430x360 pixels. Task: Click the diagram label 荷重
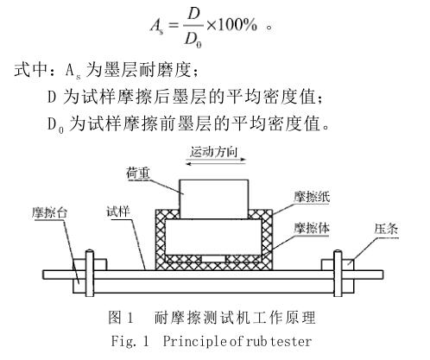pos(138,174)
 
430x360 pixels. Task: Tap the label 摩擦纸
pos(312,197)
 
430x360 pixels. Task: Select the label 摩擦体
pos(312,228)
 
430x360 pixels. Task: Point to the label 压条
pos(386,230)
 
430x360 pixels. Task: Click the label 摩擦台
pos(49,213)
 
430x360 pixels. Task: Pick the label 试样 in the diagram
pos(118,212)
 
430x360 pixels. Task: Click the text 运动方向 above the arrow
pos(213,152)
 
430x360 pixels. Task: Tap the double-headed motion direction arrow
pos(216,161)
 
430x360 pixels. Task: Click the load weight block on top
pos(214,199)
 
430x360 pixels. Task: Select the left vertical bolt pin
pos(89,273)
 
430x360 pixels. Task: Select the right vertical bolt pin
pos(338,273)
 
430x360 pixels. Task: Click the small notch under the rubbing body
pos(213,259)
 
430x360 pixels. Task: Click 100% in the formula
pos(237,25)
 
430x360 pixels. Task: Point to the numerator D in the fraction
pos(193,13)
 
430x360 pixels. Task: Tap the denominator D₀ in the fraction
pos(193,40)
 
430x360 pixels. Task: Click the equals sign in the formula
pos(173,25)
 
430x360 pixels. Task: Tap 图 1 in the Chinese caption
pos(121,318)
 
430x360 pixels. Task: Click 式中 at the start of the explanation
pos(31,69)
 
